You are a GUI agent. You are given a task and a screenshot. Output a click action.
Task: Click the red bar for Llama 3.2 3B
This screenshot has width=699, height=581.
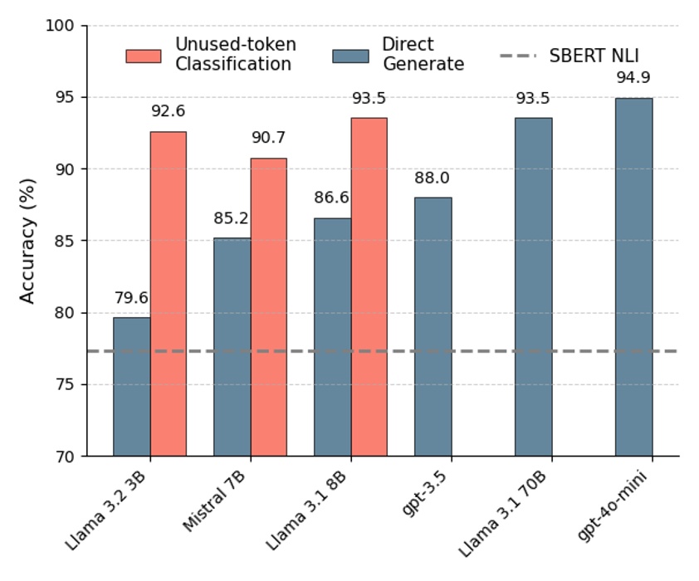[168, 294]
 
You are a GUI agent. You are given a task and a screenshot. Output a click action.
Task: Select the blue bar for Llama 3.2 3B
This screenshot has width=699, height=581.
[131, 387]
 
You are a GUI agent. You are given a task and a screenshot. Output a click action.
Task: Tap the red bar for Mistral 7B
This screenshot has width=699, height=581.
[268, 307]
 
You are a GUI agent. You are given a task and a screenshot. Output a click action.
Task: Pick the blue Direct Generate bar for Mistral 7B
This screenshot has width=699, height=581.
[232, 347]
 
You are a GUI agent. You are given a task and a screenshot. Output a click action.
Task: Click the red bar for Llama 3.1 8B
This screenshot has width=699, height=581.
[369, 287]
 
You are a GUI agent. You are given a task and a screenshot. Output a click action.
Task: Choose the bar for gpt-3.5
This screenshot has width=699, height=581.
[433, 327]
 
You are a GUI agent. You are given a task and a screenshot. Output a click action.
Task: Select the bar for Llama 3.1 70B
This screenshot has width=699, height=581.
[533, 287]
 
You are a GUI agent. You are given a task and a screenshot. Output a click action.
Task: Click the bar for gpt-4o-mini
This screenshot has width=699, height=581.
[633, 277]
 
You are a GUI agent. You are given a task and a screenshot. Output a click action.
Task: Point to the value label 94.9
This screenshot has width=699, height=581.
[633, 79]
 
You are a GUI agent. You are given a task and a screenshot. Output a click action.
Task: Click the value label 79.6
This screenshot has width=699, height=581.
[131, 298]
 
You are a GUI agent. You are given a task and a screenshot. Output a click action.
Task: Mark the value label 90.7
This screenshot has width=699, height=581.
[268, 139]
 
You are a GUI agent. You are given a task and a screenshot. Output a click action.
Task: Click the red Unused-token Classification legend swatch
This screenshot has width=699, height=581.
[143, 56]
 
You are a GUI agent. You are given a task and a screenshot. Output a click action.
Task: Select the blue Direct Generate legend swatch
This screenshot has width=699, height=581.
[350, 56]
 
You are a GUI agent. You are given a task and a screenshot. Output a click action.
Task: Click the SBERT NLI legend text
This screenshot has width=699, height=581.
[594, 56]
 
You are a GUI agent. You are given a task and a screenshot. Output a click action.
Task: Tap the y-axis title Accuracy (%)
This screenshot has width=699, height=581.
[27, 241]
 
